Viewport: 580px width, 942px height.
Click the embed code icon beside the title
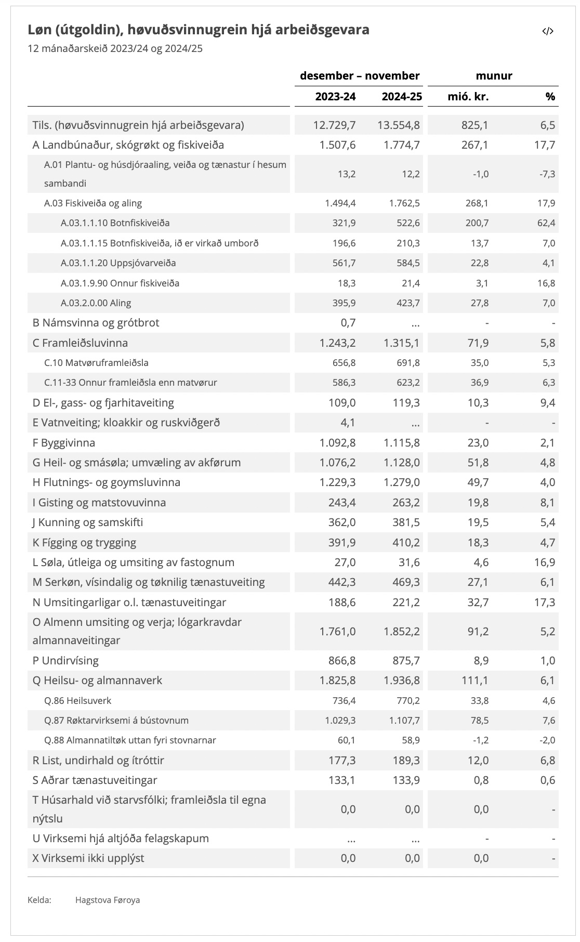(548, 31)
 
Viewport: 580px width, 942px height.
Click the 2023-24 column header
(335, 97)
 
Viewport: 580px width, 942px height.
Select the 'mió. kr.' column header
(468, 97)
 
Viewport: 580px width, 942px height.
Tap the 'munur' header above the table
(494, 76)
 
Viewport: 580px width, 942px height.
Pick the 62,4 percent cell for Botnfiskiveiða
(546, 223)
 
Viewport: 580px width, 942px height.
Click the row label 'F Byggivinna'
(64, 443)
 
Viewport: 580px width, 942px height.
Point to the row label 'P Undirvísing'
(65, 661)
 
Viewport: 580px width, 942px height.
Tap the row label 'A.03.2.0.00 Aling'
(96, 303)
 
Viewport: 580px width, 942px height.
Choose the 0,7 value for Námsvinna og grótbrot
(348, 323)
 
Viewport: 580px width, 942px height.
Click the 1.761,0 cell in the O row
(337, 632)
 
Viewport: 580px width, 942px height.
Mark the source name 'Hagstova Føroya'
(108, 900)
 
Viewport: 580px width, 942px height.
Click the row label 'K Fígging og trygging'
(84, 543)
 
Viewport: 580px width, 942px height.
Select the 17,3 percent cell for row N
(545, 603)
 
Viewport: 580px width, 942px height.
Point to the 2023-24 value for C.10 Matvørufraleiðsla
(344, 363)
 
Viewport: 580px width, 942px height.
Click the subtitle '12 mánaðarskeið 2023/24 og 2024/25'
(115, 49)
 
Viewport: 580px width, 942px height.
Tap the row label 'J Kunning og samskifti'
(87, 522)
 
